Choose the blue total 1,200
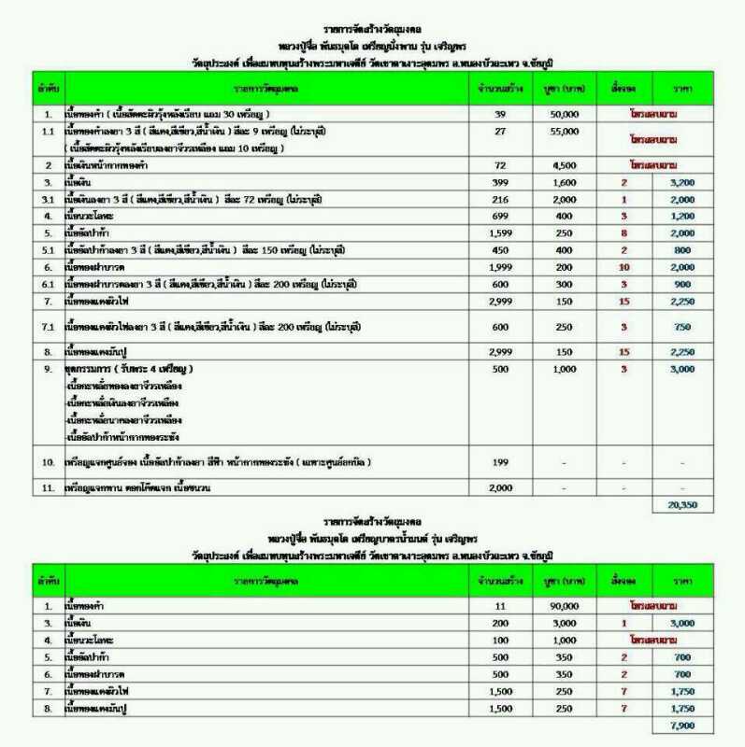tap(681, 216)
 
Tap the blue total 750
tap(681, 327)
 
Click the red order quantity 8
tap(624, 233)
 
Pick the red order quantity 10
tap(624, 267)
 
